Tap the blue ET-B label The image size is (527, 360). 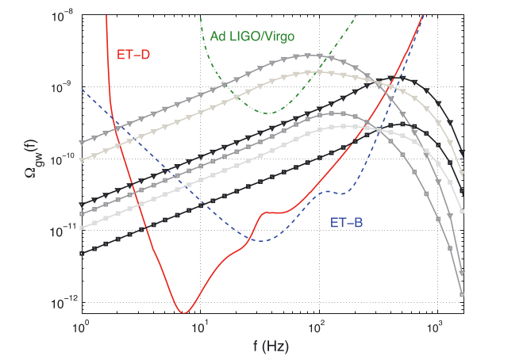tap(346, 224)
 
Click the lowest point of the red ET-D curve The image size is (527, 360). tap(184, 312)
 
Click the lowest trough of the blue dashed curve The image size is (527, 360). tap(262, 240)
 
